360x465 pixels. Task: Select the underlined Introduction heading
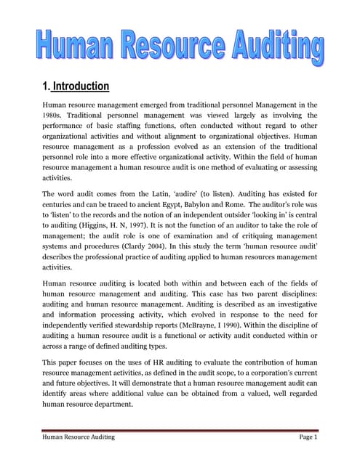[80, 86]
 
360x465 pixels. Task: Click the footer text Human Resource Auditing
[79, 437]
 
